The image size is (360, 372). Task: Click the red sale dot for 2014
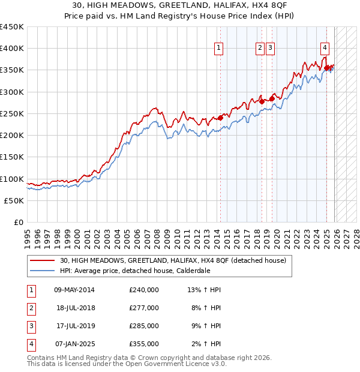coord(220,118)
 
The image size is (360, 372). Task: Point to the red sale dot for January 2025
coord(327,68)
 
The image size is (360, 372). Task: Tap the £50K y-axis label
coord(14,201)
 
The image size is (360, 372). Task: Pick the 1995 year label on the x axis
coord(27,236)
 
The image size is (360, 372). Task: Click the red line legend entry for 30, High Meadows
coord(173,260)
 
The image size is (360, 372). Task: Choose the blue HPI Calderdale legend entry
coord(135,271)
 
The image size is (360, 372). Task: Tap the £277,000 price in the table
coord(143,308)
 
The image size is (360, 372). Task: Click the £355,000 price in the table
coord(143,344)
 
